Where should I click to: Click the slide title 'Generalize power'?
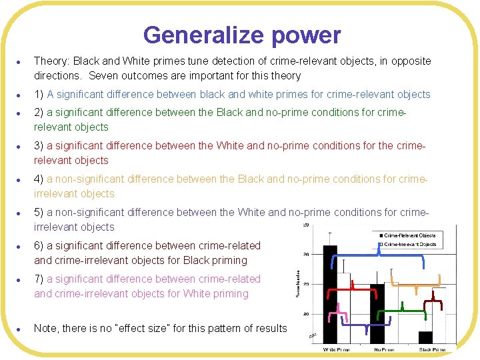pyautogui.click(x=241, y=35)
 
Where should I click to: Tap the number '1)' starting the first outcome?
pyautogui.click(x=39, y=95)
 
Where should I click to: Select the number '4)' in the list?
pyautogui.click(x=39, y=179)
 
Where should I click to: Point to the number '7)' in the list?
pyautogui.click(x=39, y=279)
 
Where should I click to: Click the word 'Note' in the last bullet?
pyautogui.click(x=45, y=328)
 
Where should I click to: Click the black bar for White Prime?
pyautogui.click(x=330, y=293)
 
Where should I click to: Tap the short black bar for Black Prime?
pyautogui.click(x=425, y=337)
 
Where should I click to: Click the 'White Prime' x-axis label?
pyautogui.click(x=337, y=349)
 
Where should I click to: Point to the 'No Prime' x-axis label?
pyautogui.click(x=384, y=349)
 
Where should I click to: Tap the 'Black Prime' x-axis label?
pyautogui.click(x=432, y=349)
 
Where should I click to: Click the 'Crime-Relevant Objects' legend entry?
pyautogui.click(x=409, y=235)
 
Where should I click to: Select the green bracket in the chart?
pyautogui.click(x=401, y=311)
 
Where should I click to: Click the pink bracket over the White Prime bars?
pyautogui.click(x=341, y=311)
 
